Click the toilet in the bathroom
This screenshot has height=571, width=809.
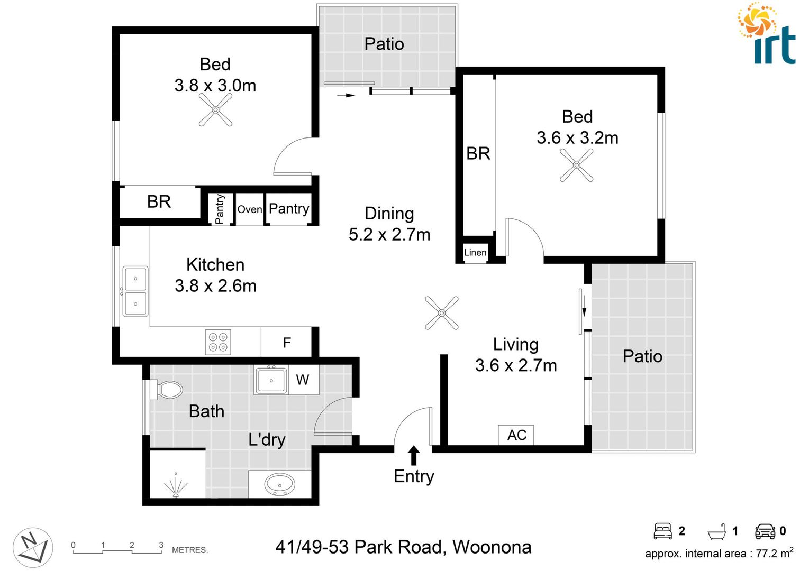[x=168, y=390]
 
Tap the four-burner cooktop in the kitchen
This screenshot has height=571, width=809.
[x=218, y=342]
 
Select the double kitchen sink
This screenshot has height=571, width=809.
[x=135, y=291]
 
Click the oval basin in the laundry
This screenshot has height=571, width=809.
[x=279, y=484]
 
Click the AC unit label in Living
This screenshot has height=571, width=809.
[x=516, y=435]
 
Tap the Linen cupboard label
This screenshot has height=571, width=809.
[x=475, y=253]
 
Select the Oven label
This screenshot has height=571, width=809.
[x=249, y=209]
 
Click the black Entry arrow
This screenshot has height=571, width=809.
[x=414, y=455]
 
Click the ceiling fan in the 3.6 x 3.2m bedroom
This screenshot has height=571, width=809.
[x=576, y=165]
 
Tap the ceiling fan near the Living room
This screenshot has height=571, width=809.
[x=441, y=312]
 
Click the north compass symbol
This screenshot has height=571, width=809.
[x=33, y=547]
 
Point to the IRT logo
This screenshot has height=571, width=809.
[x=767, y=34]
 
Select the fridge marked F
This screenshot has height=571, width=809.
[x=286, y=343]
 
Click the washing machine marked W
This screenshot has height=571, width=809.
[x=302, y=380]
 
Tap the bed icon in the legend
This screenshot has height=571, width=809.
[x=662, y=531]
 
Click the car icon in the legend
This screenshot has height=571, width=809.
[x=765, y=531]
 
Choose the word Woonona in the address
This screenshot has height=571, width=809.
[x=492, y=547]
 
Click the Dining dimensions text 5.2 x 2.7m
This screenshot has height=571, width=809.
[x=389, y=234]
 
